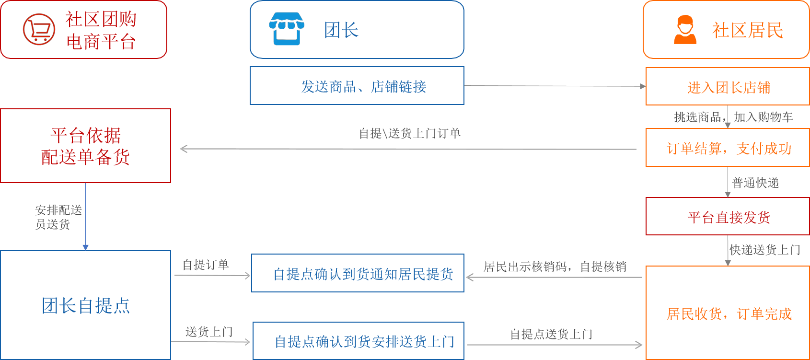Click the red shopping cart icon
click(39, 29)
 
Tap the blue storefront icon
click(287, 29)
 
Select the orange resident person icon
click(685, 30)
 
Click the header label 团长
click(341, 30)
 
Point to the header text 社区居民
click(747, 30)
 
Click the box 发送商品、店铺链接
click(357, 86)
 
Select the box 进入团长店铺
click(728, 87)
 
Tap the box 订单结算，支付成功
click(728, 148)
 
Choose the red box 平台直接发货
click(728, 217)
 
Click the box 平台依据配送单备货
click(85, 146)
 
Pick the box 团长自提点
click(85, 305)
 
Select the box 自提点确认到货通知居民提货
click(358, 273)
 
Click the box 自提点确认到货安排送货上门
click(359, 341)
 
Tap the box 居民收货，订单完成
click(728, 313)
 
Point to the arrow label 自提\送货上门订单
click(410, 133)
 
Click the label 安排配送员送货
click(58, 217)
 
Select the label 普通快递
click(755, 183)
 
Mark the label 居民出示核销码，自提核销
click(555, 267)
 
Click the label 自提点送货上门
click(551, 334)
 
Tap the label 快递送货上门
click(765, 250)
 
